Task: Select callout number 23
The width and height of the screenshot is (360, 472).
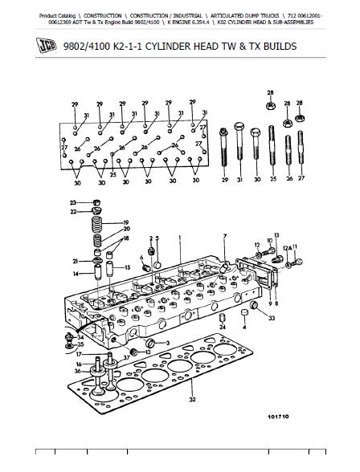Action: (72, 202)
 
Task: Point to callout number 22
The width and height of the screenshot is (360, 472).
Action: (72, 212)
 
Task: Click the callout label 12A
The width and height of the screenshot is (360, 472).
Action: (285, 248)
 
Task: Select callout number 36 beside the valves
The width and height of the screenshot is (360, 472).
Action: (77, 371)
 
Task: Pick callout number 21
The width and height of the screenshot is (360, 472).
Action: (74, 262)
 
